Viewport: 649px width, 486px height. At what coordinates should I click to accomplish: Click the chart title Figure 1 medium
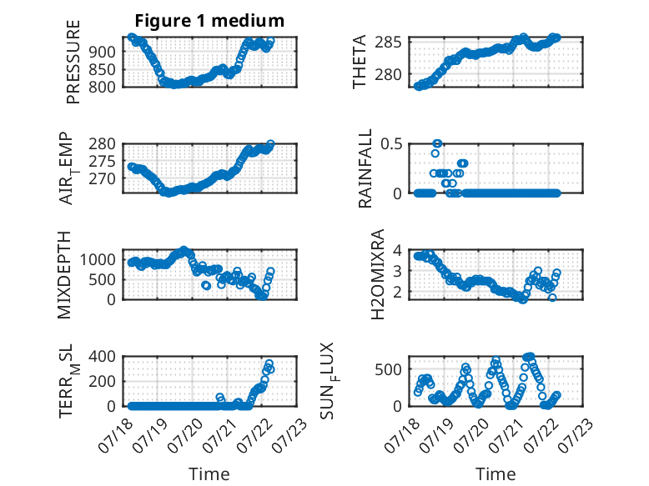(209, 20)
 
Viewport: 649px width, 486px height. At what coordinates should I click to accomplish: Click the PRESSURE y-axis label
(73, 62)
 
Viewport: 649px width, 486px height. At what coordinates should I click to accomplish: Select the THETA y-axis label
(360, 62)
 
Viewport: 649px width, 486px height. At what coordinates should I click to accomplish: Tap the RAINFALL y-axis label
(365, 168)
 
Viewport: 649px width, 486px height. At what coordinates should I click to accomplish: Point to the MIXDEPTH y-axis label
(64, 275)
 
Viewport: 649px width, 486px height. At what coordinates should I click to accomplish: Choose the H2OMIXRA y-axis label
(378, 274)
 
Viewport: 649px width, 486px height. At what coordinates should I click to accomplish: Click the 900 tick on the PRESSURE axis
(102, 52)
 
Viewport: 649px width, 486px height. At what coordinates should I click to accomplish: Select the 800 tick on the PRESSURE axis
(102, 87)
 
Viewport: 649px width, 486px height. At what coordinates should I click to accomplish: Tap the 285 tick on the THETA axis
(388, 43)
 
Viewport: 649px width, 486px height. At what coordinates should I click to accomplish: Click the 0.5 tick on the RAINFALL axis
(391, 144)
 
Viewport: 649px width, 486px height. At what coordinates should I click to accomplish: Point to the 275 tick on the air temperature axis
(102, 162)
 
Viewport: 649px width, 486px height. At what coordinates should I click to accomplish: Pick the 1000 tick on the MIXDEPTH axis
(98, 260)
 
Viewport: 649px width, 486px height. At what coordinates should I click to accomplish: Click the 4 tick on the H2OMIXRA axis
(397, 250)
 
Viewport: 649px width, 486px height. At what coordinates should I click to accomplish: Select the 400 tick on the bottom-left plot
(102, 356)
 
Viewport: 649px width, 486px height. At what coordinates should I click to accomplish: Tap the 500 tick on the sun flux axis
(388, 369)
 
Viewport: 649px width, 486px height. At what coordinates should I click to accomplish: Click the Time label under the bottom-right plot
(496, 473)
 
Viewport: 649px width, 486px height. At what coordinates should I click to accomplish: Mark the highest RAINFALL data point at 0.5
(437, 143)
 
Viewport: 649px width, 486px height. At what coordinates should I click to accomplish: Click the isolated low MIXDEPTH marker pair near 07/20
(206, 285)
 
